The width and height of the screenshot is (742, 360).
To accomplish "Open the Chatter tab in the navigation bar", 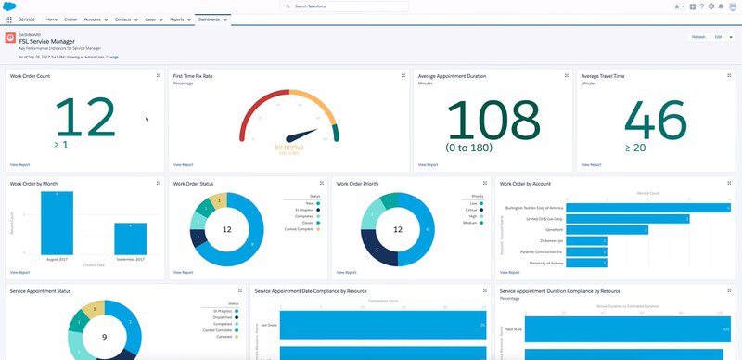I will (70, 19).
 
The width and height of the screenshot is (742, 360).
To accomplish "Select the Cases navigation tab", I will (151, 19).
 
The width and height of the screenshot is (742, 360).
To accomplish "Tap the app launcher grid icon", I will (8, 19).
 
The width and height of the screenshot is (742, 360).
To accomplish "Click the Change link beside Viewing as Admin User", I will (112, 57).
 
